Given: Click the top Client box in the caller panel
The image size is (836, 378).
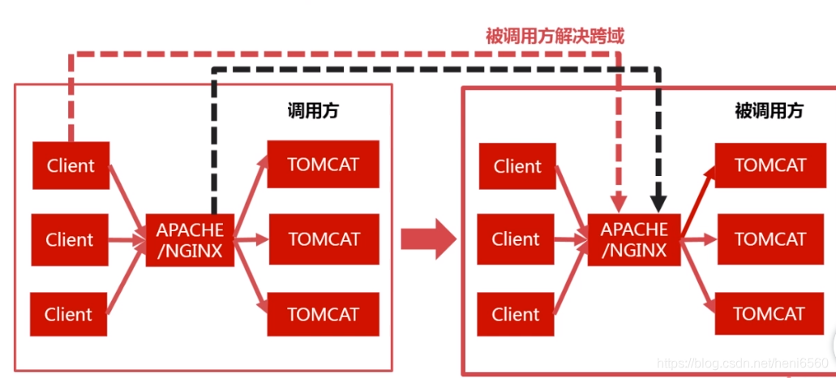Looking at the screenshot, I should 71,166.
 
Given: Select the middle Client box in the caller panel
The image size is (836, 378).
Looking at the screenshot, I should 70,240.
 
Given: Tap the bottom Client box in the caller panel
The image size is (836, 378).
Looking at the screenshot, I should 69,314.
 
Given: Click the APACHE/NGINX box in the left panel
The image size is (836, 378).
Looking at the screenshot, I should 190,240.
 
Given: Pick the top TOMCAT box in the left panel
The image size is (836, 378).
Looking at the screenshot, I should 323,165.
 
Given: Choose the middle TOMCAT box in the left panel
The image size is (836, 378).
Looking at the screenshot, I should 324,239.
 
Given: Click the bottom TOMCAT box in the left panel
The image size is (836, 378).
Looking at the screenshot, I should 323,314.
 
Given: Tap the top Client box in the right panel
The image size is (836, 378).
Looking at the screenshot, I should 517,166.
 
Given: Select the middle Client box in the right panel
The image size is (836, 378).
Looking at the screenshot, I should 516,240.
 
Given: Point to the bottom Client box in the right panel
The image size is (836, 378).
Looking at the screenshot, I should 516,314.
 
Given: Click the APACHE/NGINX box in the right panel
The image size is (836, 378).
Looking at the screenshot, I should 634,240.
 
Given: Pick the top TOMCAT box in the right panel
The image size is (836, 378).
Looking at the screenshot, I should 770,165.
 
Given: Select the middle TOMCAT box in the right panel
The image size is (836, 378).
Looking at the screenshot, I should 770,239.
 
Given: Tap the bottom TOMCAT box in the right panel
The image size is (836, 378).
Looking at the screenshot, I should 770,314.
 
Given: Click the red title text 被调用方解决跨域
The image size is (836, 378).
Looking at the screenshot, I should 555,36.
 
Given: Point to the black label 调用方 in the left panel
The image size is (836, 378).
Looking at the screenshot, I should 313,111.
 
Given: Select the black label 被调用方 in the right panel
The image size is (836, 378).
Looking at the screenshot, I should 769,111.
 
